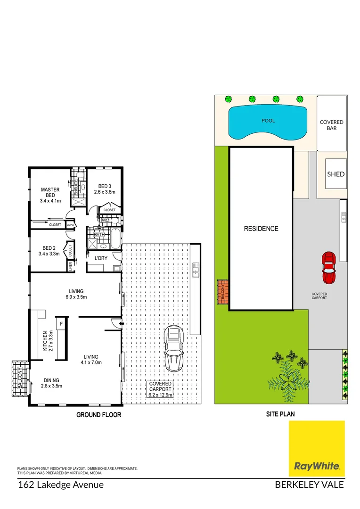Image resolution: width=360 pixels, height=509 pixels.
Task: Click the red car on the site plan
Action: click(x=328, y=268)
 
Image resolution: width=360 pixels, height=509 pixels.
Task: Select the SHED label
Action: click(x=336, y=174)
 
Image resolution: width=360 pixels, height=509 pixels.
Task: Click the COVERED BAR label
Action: click(x=332, y=125)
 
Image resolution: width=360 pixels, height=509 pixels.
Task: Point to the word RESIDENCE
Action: click(x=261, y=229)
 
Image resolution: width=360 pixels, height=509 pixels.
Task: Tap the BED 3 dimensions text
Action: click(x=104, y=192)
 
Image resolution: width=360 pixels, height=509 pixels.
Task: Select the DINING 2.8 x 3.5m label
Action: click(x=50, y=383)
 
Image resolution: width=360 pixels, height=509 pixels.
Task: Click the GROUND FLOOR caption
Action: click(x=99, y=415)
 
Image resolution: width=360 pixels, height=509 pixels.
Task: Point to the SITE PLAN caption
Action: click(x=281, y=415)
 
